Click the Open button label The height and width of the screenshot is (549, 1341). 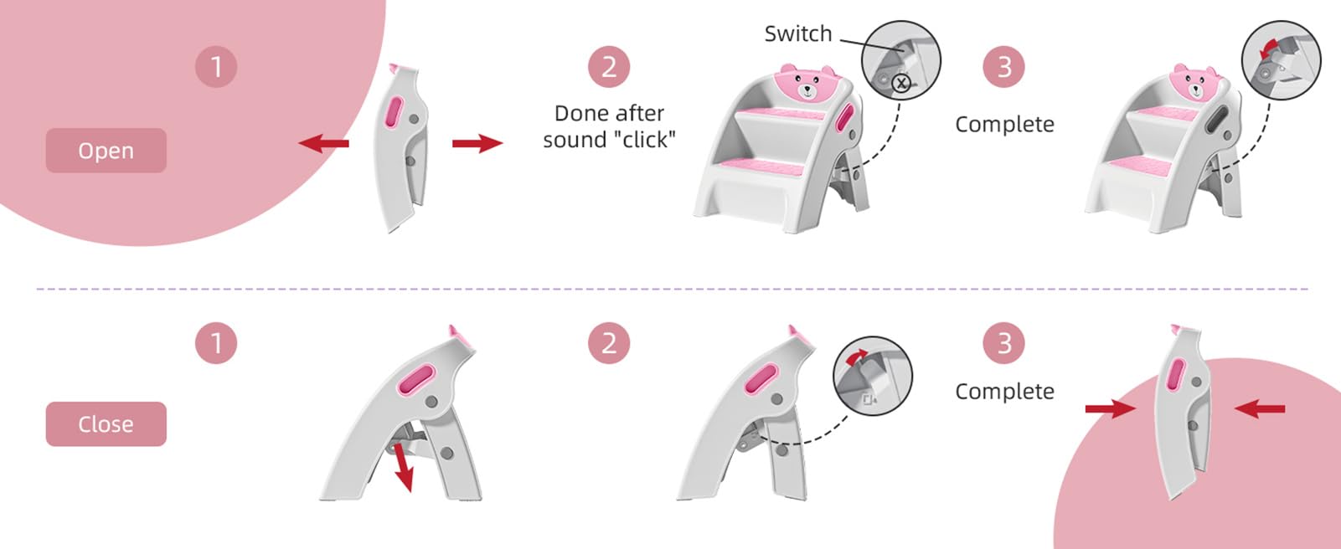tap(106, 151)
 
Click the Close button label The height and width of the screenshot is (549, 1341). tap(106, 424)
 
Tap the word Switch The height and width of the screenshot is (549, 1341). tap(797, 34)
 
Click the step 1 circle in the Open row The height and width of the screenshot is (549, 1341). tap(216, 66)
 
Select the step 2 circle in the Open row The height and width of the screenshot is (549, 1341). tap(609, 66)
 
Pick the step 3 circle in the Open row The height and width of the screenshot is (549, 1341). tap(1003, 66)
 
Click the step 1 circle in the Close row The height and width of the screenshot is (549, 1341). tap(216, 343)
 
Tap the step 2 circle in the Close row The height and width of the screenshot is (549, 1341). tap(609, 343)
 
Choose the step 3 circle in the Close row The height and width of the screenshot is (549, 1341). tap(1003, 343)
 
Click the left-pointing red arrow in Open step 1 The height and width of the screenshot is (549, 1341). tap(323, 144)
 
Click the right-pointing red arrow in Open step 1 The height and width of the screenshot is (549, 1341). tap(477, 144)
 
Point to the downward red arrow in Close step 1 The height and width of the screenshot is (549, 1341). tap(404, 467)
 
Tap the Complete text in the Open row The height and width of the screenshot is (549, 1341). tap(1004, 125)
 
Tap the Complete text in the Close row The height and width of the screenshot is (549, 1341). tap(1004, 392)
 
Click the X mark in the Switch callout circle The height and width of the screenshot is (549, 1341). tap(901, 83)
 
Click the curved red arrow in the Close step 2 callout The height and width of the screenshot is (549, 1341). tap(856, 357)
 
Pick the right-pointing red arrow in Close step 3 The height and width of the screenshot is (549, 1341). tap(1110, 408)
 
